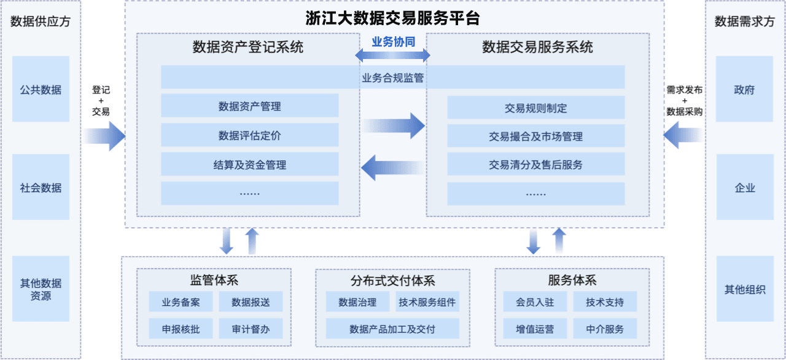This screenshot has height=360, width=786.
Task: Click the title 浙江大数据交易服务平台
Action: (393, 18)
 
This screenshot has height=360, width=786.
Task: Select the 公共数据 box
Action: (41, 90)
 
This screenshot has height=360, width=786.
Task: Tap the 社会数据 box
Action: (41, 188)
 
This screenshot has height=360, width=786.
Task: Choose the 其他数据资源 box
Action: (41, 289)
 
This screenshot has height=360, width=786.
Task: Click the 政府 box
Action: (744, 90)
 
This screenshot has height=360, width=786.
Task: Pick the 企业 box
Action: (744, 188)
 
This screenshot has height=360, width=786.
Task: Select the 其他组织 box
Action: (744, 289)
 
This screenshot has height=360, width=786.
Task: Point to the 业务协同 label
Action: (393, 42)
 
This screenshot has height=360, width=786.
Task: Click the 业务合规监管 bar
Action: (393, 78)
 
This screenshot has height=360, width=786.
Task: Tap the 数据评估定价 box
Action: (249, 135)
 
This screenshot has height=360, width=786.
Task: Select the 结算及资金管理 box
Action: (249, 165)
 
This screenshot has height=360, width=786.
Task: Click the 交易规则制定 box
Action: (535, 108)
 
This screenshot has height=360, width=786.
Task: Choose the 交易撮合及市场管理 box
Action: (535, 136)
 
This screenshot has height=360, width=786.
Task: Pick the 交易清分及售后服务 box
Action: (535, 165)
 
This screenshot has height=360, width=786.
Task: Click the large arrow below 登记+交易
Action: (104, 136)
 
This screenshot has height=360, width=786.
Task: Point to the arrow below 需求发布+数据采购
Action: (682, 136)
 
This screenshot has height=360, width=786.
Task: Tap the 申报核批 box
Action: (181, 329)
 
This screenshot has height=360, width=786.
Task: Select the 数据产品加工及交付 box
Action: (392, 329)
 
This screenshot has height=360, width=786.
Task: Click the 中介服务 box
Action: (605, 329)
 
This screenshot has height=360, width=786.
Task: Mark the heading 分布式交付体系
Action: (392, 281)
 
